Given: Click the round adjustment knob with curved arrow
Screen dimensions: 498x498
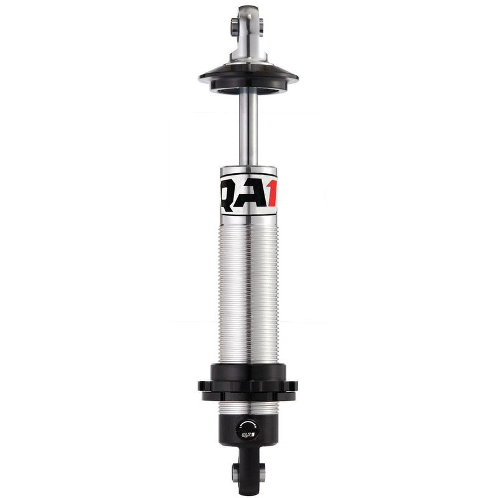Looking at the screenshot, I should click(x=247, y=428).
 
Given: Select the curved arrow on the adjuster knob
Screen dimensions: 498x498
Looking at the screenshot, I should click(x=247, y=423).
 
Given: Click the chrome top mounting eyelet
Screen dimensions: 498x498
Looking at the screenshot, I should click(x=248, y=28).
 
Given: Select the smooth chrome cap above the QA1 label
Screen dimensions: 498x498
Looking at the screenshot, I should click(x=248, y=171).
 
